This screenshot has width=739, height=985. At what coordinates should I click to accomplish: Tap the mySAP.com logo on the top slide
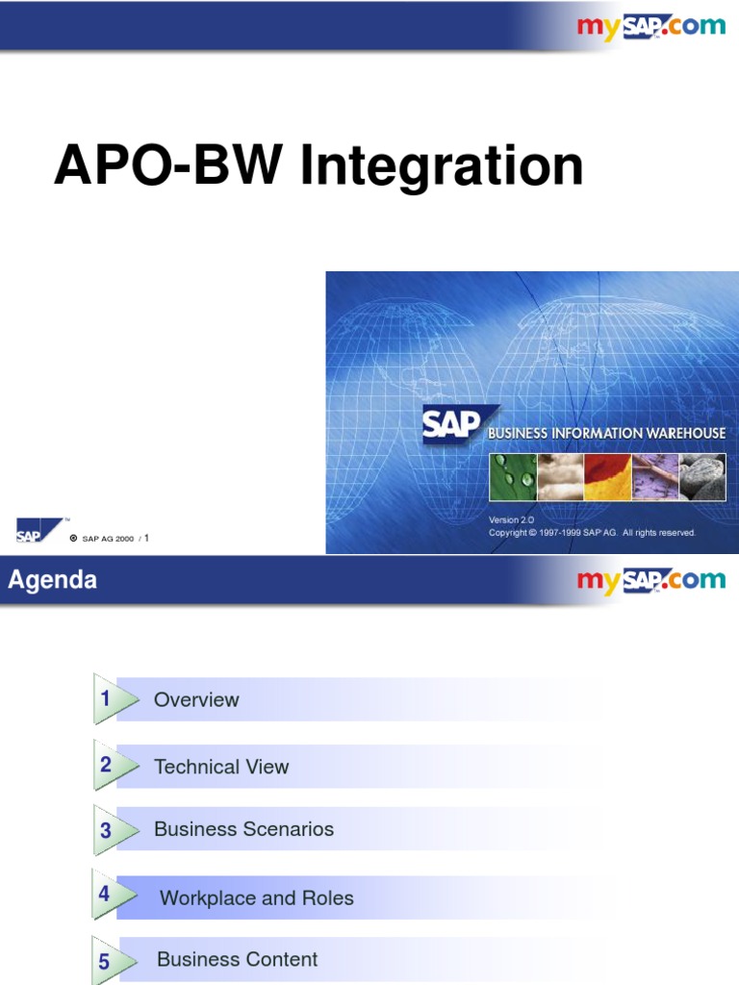(x=650, y=27)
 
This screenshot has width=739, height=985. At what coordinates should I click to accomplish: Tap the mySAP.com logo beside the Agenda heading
(x=650, y=580)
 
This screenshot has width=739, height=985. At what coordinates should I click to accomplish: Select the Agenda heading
(x=52, y=580)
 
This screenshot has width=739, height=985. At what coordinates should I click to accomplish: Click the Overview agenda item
(x=196, y=699)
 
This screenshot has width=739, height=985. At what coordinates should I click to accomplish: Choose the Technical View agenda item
(x=221, y=767)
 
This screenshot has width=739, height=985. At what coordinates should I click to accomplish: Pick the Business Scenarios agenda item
(x=243, y=829)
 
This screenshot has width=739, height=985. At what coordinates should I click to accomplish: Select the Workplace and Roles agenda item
(x=256, y=898)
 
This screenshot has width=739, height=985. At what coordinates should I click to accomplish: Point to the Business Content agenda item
(x=237, y=959)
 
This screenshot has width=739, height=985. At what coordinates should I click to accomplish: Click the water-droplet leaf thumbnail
(x=512, y=477)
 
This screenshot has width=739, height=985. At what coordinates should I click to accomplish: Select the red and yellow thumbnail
(x=607, y=477)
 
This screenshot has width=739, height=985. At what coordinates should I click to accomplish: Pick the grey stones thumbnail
(x=702, y=477)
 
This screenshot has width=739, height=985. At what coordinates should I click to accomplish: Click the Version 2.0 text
(x=511, y=519)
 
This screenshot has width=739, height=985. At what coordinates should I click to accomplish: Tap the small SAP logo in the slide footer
(x=30, y=531)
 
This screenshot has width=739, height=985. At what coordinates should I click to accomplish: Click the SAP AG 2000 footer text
(x=108, y=539)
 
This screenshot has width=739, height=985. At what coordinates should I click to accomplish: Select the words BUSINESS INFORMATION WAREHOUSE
(x=606, y=434)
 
